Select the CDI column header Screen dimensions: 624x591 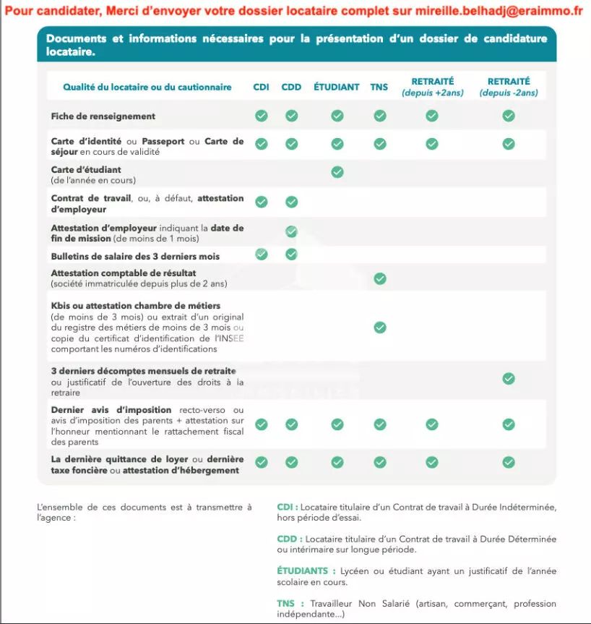(x=261, y=87)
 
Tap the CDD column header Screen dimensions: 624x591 (x=291, y=87)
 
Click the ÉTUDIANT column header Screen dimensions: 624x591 (x=337, y=87)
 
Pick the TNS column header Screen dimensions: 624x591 (x=379, y=87)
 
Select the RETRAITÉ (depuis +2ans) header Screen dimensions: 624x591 (x=432, y=87)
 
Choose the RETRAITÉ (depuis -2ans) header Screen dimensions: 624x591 (x=509, y=87)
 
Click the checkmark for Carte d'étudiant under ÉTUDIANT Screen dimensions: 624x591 (x=337, y=172)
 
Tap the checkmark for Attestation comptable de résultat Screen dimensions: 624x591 (x=380, y=278)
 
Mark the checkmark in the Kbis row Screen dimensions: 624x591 (x=380, y=328)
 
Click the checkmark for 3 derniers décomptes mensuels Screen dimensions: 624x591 (x=509, y=378)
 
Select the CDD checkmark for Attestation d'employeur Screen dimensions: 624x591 (x=291, y=231)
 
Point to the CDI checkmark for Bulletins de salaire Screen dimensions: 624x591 (x=262, y=254)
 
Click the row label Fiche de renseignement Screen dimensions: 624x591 (x=103, y=116)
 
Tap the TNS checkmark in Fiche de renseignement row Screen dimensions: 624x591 (x=380, y=116)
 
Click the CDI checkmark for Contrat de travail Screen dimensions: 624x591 (x=262, y=202)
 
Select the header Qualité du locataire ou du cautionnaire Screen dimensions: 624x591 (x=147, y=87)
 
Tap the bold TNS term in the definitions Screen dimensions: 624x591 (x=285, y=604)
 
